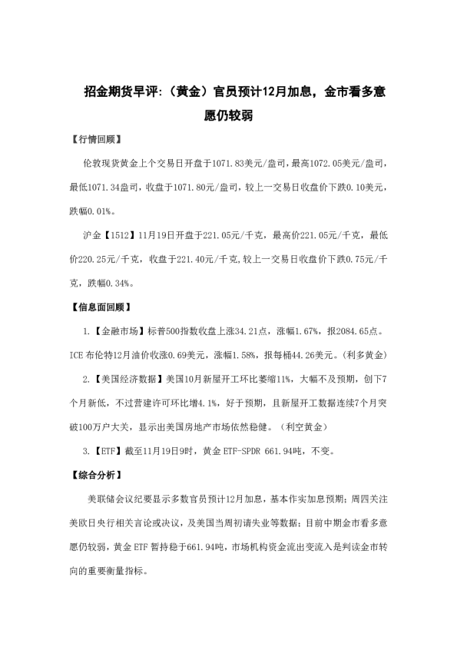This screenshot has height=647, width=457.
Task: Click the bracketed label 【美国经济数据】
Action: coord(130,380)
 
